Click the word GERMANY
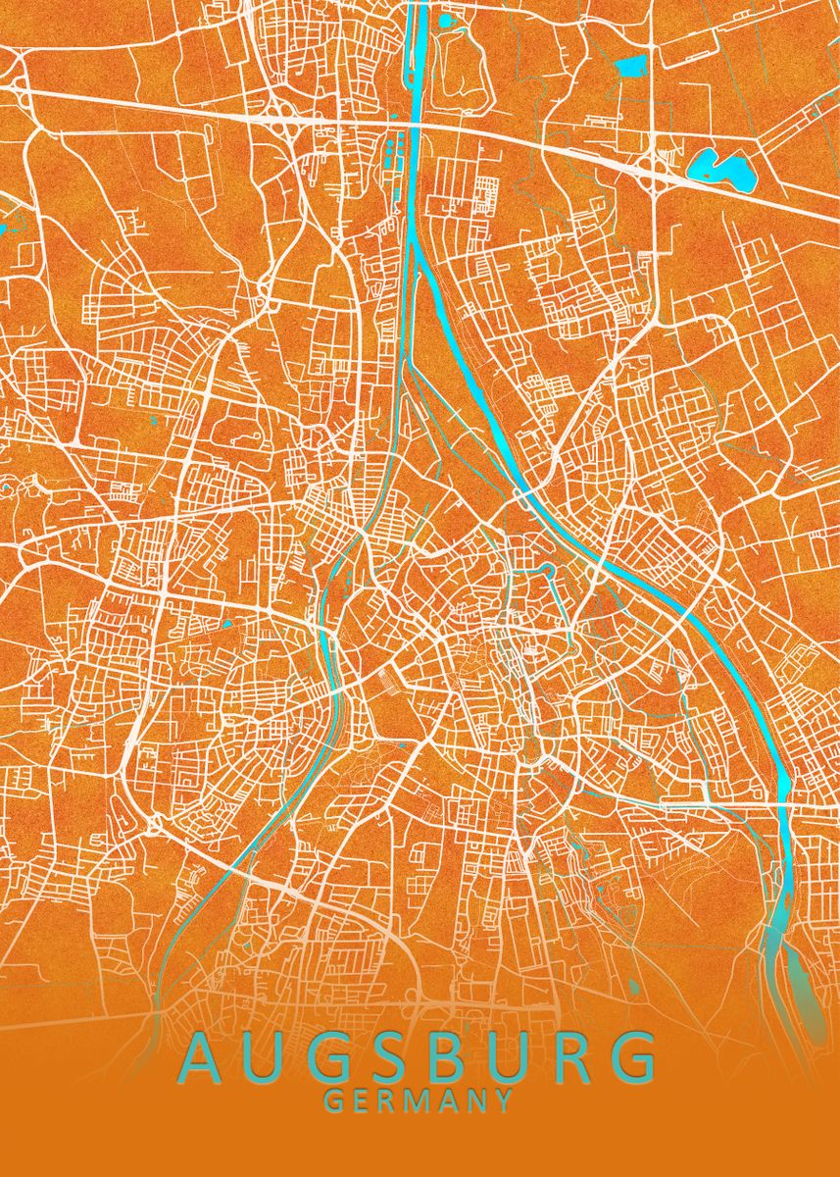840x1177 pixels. (419, 1100)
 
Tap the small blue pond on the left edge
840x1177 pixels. (3, 229)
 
